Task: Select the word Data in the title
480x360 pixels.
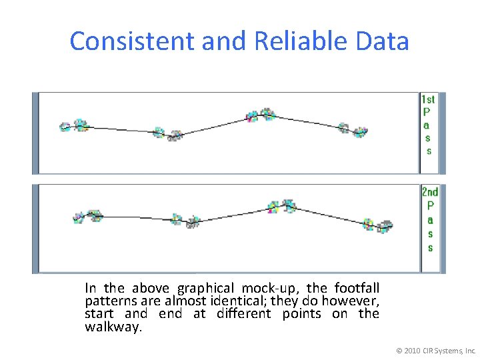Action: tap(383, 41)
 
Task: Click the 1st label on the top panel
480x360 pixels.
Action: tap(427, 100)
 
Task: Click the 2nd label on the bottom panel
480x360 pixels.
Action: tap(430, 192)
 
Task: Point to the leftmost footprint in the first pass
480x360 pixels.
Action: tap(66, 127)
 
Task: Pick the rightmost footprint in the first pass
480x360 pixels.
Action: tap(360, 132)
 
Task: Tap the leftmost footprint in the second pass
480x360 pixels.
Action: tap(79, 218)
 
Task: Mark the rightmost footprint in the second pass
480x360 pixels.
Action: tap(385, 227)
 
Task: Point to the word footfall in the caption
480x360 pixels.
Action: tap(357, 288)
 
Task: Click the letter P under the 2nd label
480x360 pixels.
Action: tap(430, 205)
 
